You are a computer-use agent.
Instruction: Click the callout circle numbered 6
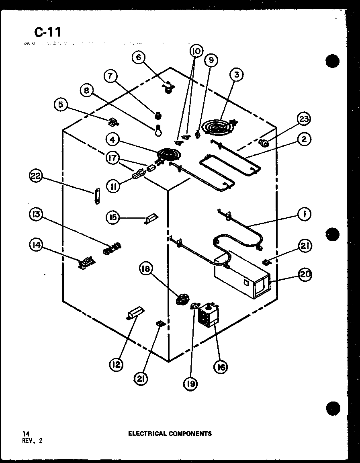point(139,57)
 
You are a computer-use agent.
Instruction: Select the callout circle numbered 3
point(237,74)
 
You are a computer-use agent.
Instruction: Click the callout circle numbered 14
point(37,245)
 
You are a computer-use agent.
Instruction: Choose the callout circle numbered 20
point(305,274)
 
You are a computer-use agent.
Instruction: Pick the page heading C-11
point(47,32)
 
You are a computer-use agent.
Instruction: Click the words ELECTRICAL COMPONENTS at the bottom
point(170,434)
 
